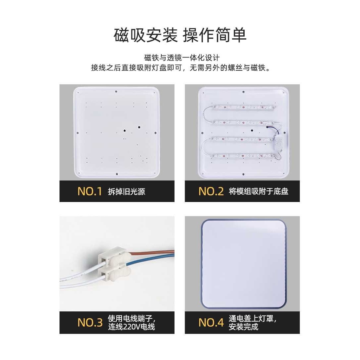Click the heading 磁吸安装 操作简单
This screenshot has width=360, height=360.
pos(180,35)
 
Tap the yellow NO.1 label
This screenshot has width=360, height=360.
pos(90,191)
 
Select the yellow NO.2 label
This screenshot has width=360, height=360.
pos(211,191)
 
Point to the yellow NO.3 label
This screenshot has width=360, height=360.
pos(90,323)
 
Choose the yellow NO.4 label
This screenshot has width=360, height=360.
pos(211,323)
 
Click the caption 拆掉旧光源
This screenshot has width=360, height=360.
pos(127,191)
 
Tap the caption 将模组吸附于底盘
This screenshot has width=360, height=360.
pos(259,191)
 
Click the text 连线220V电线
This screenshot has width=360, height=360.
pos(131,327)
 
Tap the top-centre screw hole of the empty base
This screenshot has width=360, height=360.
pos(116,92)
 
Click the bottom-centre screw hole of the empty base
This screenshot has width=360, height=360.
pos(116,173)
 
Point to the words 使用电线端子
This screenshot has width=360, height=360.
pos(131,319)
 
